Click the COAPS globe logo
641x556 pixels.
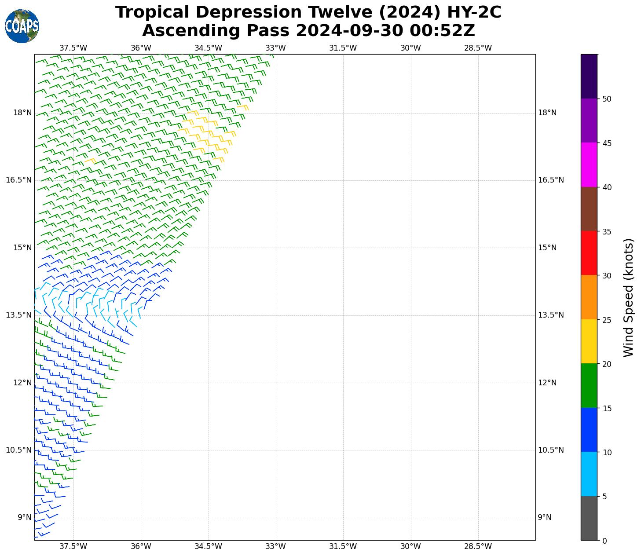(22, 26)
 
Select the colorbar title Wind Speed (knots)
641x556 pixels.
(629, 297)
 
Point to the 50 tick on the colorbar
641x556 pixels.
(607, 99)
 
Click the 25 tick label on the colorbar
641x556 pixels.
(607, 320)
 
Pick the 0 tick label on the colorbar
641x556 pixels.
(604, 541)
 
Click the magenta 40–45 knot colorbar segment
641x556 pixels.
(589, 165)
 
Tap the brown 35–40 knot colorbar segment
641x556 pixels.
(589, 209)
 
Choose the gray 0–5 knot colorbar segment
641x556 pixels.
(589, 518)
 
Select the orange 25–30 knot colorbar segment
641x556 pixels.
(589, 297)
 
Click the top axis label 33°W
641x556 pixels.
(276, 48)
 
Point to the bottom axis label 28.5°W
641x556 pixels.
(478, 546)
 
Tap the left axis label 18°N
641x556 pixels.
(22, 113)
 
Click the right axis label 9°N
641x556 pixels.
(545, 517)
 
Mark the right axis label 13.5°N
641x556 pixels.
(551, 315)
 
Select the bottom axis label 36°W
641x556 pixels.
(141, 546)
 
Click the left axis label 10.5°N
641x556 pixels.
(19, 450)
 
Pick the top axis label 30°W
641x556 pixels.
(410, 48)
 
